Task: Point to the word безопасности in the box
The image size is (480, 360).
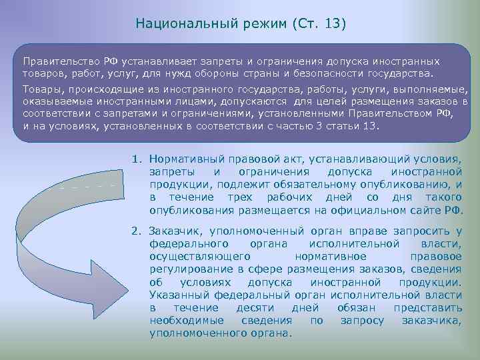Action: (365, 73)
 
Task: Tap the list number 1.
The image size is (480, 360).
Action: (135, 160)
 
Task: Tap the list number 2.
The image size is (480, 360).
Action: (135, 232)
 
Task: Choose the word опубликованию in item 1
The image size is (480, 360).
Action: (405, 185)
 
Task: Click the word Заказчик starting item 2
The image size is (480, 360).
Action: (175, 232)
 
